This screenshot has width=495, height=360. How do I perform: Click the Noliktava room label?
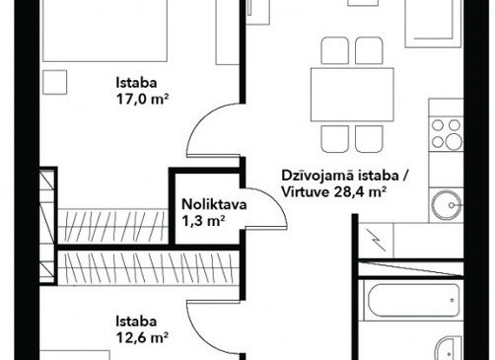point(214,204)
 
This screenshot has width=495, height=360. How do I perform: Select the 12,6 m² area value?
point(142,337)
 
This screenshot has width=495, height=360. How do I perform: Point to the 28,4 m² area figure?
point(360,192)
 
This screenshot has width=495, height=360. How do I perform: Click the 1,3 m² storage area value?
point(203,221)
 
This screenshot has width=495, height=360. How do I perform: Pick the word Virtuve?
point(306,192)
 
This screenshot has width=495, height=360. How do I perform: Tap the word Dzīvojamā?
point(318,176)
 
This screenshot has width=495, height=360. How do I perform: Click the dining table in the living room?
point(352,95)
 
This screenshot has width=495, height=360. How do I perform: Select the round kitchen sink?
point(447,205)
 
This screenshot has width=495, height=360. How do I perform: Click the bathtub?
point(413,300)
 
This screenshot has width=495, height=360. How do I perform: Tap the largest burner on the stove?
point(454,142)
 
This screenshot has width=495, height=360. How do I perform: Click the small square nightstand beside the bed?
point(55,82)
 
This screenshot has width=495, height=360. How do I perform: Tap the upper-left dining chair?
point(334,50)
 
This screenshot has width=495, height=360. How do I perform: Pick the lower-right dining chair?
point(369,139)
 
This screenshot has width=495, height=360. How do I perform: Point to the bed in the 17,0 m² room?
point(105,31)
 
